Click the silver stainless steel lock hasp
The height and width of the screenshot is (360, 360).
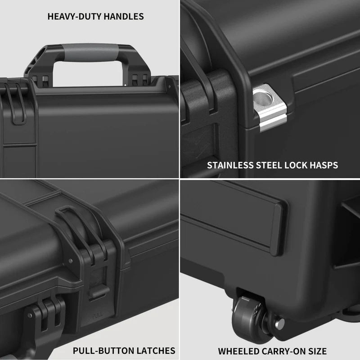point(269,108)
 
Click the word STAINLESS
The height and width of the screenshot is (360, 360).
point(230,165)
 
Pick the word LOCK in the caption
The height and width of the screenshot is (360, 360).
point(297,165)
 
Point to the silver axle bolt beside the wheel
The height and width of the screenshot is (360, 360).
point(279,322)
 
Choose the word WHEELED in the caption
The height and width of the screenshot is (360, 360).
point(238,351)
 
